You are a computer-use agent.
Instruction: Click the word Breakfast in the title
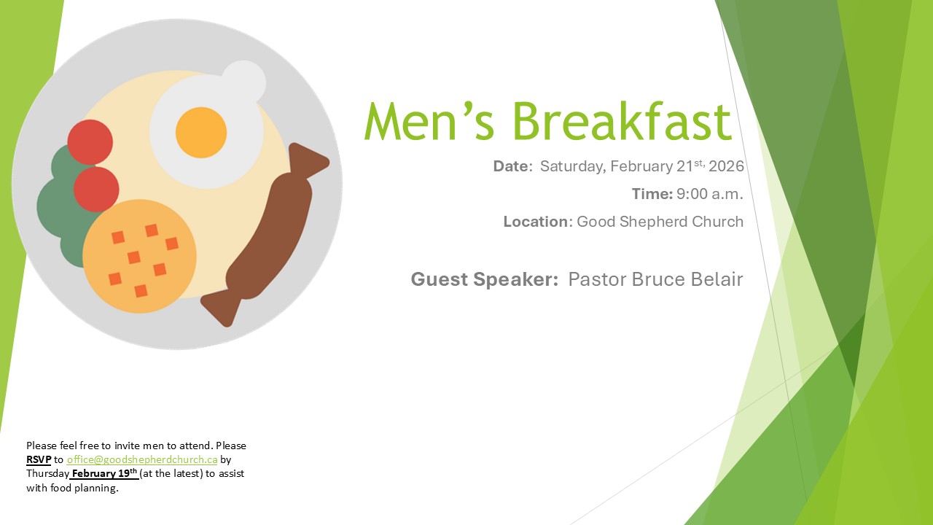pyautogui.click(x=622, y=121)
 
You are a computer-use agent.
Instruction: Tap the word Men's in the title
pyautogui.click(x=429, y=121)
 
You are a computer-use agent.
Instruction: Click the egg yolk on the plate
pyautogui.click(x=201, y=133)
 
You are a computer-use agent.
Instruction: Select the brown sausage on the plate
pyautogui.click(x=265, y=235)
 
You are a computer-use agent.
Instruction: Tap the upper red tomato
pyautogui.click(x=90, y=142)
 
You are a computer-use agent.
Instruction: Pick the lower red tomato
pyautogui.click(x=96, y=190)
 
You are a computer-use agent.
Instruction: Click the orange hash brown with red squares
pyautogui.click(x=139, y=256)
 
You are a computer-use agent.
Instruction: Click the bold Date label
pyautogui.click(x=512, y=166)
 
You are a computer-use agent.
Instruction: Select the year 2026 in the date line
pyautogui.click(x=726, y=166)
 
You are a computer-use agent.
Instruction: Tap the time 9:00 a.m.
pyautogui.click(x=710, y=194)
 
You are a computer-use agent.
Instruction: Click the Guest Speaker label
pyautogui.click(x=485, y=279)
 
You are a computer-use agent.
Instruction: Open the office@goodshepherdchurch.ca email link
pyautogui.click(x=142, y=459)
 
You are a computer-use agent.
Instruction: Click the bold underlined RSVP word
pyautogui.click(x=39, y=459)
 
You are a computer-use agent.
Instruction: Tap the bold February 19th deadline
pyautogui.click(x=104, y=473)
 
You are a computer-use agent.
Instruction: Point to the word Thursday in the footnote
pyautogui.click(x=47, y=474)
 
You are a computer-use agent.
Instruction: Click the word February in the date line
pyautogui.click(x=641, y=166)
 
